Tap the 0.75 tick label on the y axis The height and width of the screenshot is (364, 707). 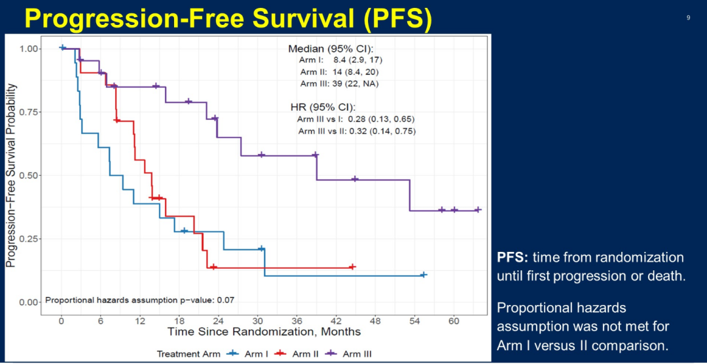click(x=29, y=112)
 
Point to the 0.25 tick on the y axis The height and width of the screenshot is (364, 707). click(x=29, y=239)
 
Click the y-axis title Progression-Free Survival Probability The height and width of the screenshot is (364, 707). click(x=10, y=174)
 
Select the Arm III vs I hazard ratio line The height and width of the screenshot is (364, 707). click(x=356, y=119)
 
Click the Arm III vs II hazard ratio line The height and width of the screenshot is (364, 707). click(x=357, y=131)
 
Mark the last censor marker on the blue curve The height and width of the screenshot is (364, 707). click(x=424, y=275)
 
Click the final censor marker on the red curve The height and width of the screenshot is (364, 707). click(x=352, y=267)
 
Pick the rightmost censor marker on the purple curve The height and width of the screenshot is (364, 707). click(x=477, y=210)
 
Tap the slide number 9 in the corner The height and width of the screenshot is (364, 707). click(x=688, y=18)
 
